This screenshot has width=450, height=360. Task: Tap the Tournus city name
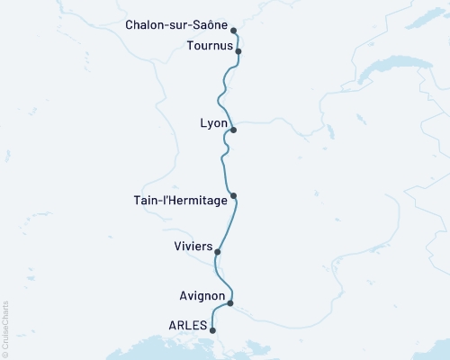click(208, 45)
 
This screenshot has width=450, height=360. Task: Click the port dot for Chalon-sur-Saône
click(234, 29)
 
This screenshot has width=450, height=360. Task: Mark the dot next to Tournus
click(238, 52)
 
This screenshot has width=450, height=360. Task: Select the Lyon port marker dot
click(233, 130)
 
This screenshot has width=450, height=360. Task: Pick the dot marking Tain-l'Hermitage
click(233, 196)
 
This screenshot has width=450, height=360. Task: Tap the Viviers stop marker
click(218, 252)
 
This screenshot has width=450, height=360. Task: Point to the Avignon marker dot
click(231, 303)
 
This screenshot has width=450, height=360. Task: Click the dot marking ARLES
click(212, 331)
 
